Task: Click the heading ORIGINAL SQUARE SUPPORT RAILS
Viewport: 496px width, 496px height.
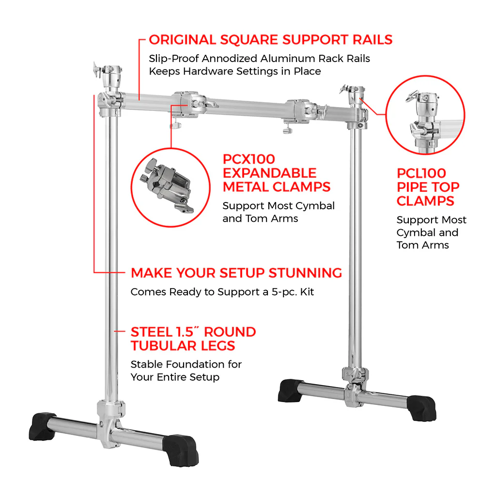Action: tap(270, 40)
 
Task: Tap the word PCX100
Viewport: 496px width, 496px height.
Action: tap(249, 159)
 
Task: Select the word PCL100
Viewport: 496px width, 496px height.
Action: tap(421, 173)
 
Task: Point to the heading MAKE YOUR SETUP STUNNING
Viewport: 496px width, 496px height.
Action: tap(236, 273)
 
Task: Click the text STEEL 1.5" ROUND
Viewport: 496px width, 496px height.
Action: tap(193, 332)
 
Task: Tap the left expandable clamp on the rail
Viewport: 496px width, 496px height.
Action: tap(189, 107)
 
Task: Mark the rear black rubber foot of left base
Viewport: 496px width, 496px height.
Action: tap(43, 426)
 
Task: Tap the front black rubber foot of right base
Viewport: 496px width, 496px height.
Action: tap(422, 408)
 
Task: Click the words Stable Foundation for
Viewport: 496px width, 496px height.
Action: tap(186, 364)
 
